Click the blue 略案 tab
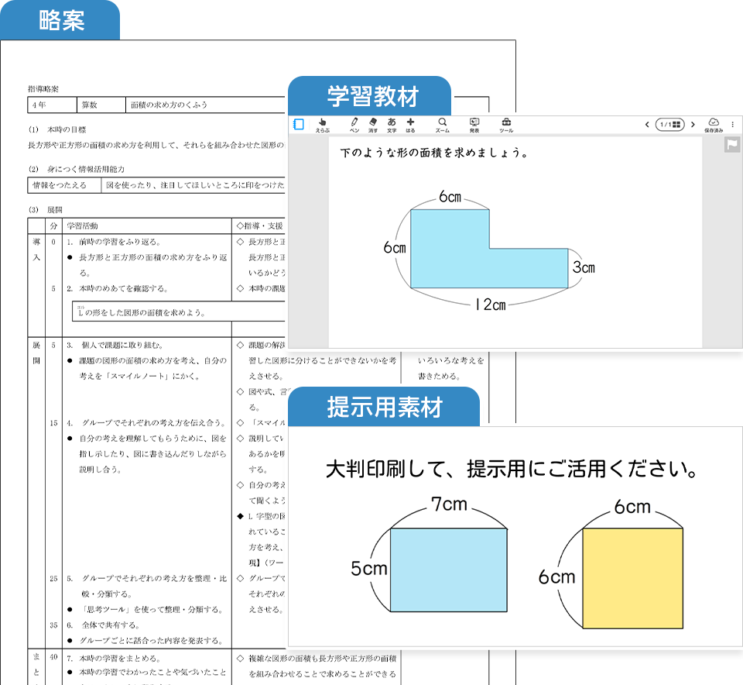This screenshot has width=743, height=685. pos(60,21)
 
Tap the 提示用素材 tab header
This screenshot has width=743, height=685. pos(383,408)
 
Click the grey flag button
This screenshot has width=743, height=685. pos(732,145)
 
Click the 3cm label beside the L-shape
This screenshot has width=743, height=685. pos(584,267)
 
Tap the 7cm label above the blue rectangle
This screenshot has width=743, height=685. pos(449,505)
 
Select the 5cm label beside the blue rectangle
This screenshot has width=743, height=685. pos(368,568)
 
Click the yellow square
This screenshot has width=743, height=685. pos(632,577)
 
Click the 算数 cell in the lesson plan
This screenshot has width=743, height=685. pos(90,105)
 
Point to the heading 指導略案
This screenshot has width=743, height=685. pos(43,88)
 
